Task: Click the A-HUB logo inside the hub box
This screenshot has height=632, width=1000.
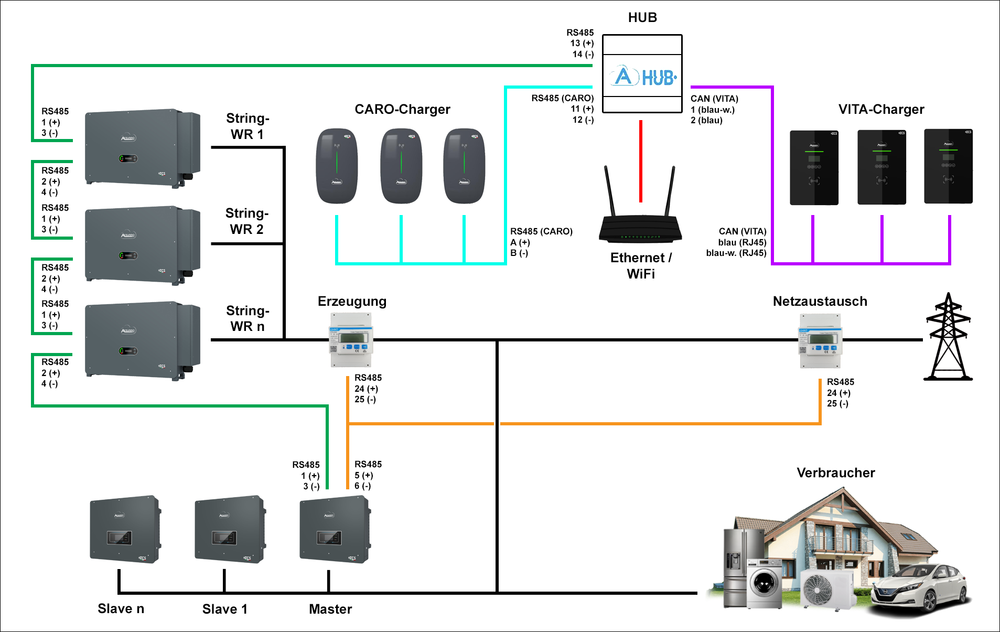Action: point(643,77)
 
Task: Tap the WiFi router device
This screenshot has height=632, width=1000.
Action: point(640,226)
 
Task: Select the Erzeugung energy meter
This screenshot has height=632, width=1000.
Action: point(351,340)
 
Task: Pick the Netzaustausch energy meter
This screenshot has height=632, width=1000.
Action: point(820,341)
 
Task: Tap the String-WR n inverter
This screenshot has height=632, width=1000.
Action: point(142,340)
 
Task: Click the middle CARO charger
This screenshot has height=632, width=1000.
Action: point(401,166)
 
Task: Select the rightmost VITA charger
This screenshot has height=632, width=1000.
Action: point(948,167)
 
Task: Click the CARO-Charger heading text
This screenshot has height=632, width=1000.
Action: point(402,109)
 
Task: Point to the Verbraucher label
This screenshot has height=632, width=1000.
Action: point(836,473)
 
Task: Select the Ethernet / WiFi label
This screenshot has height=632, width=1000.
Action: point(641,265)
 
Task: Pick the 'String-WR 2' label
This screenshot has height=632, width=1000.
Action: point(247,221)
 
